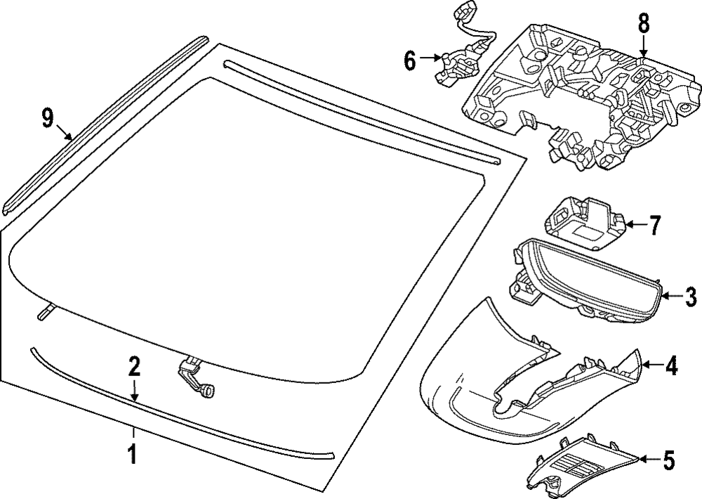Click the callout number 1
coord(132,455)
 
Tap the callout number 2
coord(134,367)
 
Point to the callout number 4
coord(671,365)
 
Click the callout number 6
coord(410,60)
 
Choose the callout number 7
coord(654,226)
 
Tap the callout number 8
coord(644,23)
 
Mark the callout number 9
coord(47,118)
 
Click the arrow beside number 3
coord(671,297)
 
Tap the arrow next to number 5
coord(650,460)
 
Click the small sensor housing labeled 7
coord(584,223)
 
